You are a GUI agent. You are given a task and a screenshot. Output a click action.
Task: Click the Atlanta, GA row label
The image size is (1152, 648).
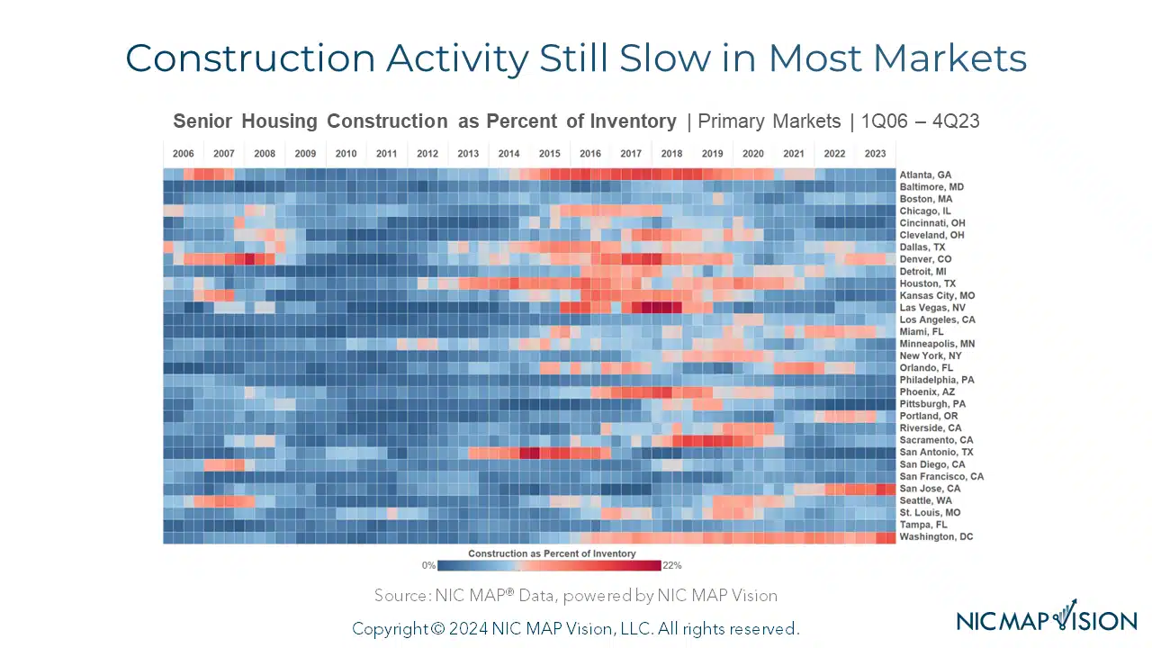point(925,175)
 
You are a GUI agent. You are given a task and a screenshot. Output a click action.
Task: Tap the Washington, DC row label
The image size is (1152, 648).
point(935,536)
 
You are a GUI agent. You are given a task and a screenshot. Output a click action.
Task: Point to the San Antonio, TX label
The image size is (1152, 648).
point(936,452)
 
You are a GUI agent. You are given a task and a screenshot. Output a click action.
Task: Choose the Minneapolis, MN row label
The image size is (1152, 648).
point(937,344)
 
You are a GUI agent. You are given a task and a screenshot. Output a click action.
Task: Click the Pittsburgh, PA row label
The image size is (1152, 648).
point(933,404)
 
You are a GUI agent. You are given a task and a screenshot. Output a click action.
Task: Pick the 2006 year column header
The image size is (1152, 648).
point(183,154)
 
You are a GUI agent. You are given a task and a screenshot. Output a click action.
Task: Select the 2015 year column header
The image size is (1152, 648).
point(549,154)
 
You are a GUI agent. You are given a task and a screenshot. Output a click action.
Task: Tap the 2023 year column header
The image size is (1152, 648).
point(875,154)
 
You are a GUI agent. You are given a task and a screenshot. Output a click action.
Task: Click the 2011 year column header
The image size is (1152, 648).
point(386,154)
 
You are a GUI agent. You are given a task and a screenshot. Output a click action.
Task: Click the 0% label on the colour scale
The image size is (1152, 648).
point(428,566)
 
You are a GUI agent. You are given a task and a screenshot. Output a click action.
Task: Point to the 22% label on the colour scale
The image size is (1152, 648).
point(671,566)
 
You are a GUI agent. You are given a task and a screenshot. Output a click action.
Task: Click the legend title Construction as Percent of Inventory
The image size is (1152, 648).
point(552,553)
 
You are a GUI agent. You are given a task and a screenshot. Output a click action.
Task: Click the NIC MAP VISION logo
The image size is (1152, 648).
point(1047,619)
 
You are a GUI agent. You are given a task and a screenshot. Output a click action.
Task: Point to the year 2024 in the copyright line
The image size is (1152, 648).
point(461,628)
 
